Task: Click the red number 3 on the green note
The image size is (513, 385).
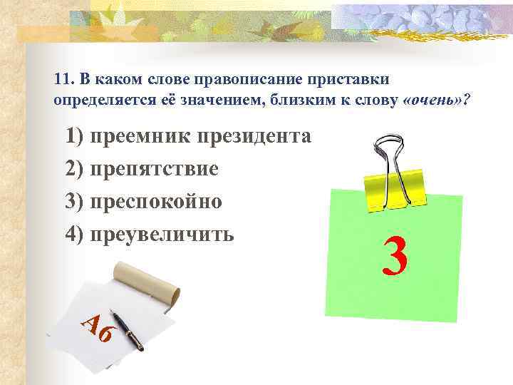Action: pyautogui.click(x=393, y=257)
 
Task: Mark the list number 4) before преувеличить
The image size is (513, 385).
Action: pyautogui.click(x=75, y=233)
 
